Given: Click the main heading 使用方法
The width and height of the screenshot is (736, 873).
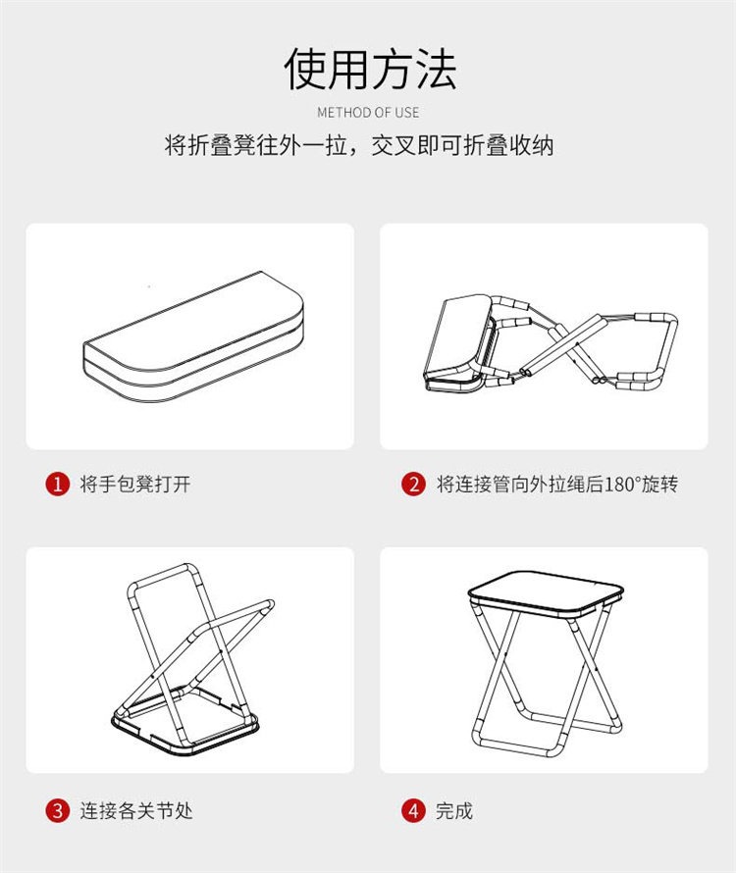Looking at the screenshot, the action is (x=371, y=69).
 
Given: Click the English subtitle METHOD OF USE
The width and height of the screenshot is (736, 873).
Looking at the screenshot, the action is (x=368, y=113).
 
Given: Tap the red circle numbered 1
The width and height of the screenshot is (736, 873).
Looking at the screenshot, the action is (x=57, y=484).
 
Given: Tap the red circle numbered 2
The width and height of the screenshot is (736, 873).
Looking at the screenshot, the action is (x=413, y=484).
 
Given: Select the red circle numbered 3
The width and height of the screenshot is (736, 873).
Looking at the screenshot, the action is (x=57, y=810).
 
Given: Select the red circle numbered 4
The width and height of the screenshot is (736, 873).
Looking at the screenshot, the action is (x=413, y=810).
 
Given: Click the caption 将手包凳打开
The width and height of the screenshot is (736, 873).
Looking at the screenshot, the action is (x=135, y=484).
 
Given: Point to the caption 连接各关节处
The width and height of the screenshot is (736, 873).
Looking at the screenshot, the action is (x=136, y=810).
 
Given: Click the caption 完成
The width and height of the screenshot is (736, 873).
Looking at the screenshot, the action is (x=454, y=810).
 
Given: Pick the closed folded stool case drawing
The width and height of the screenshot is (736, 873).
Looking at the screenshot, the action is (x=193, y=336).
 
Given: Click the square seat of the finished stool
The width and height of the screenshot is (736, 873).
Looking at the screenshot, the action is (x=546, y=594).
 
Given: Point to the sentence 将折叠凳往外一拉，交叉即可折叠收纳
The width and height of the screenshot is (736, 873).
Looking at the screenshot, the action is (x=359, y=145).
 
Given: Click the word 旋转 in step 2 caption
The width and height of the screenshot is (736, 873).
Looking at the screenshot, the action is (x=659, y=484).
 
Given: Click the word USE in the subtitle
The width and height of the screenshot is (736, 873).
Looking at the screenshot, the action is (x=406, y=113).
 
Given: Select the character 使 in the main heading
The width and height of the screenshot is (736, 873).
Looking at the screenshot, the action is (x=305, y=69).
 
